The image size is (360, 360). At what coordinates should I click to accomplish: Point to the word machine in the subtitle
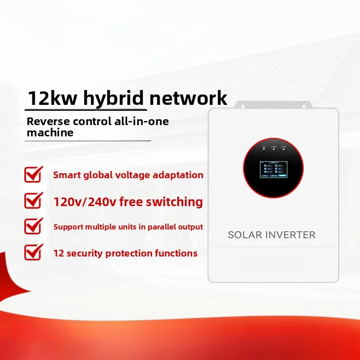49,133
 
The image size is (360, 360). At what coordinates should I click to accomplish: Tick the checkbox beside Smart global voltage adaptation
33,174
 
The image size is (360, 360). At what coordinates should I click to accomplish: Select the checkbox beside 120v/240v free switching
33,200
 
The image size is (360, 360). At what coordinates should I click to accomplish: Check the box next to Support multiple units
33,226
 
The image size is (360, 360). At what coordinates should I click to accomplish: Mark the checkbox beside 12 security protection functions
33,252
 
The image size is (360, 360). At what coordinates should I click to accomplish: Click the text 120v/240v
83,202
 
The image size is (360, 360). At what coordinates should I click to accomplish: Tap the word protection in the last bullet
134,253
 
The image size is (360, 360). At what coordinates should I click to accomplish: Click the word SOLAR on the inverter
245,235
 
